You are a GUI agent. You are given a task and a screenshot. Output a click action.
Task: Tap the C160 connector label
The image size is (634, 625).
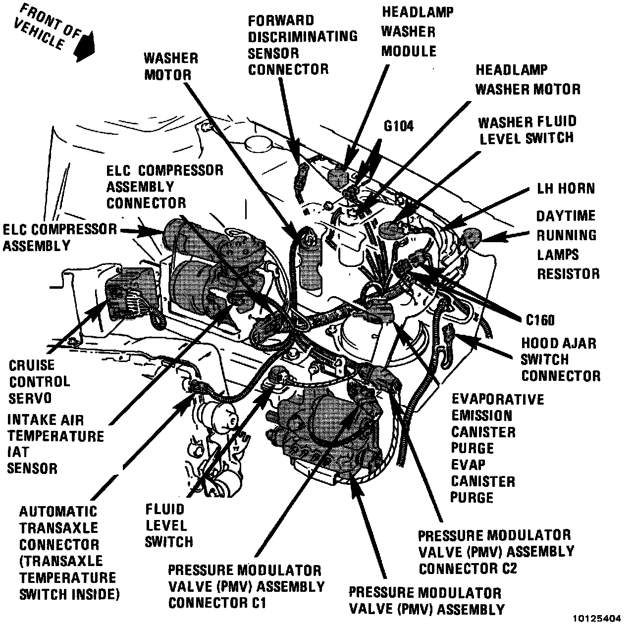[x=540, y=320]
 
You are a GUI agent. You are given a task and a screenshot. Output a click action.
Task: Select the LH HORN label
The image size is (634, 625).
[x=566, y=189]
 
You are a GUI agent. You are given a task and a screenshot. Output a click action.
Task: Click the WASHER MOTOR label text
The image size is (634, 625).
[x=170, y=66]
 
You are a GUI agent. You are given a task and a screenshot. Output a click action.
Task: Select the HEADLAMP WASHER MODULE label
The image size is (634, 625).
[x=409, y=32]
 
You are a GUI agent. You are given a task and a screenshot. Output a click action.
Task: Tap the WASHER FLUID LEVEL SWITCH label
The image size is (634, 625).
[x=527, y=130]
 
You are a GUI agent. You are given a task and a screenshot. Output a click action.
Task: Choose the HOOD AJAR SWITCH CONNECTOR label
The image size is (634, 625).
[x=560, y=360]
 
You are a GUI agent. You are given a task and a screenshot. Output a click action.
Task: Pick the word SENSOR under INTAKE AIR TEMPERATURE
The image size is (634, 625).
[x=32, y=468]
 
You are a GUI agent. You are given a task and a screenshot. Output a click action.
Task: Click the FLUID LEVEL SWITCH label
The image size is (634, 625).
[x=168, y=525]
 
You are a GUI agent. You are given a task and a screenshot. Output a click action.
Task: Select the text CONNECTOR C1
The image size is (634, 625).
[x=217, y=603]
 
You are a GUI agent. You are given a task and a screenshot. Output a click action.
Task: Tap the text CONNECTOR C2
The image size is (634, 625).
[x=468, y=568]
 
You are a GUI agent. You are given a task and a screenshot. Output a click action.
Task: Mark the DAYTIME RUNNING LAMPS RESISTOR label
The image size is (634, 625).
[x=568, y=245]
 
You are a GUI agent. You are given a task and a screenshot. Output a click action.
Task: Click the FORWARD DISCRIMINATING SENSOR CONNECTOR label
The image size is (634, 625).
[x=302, y=45]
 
